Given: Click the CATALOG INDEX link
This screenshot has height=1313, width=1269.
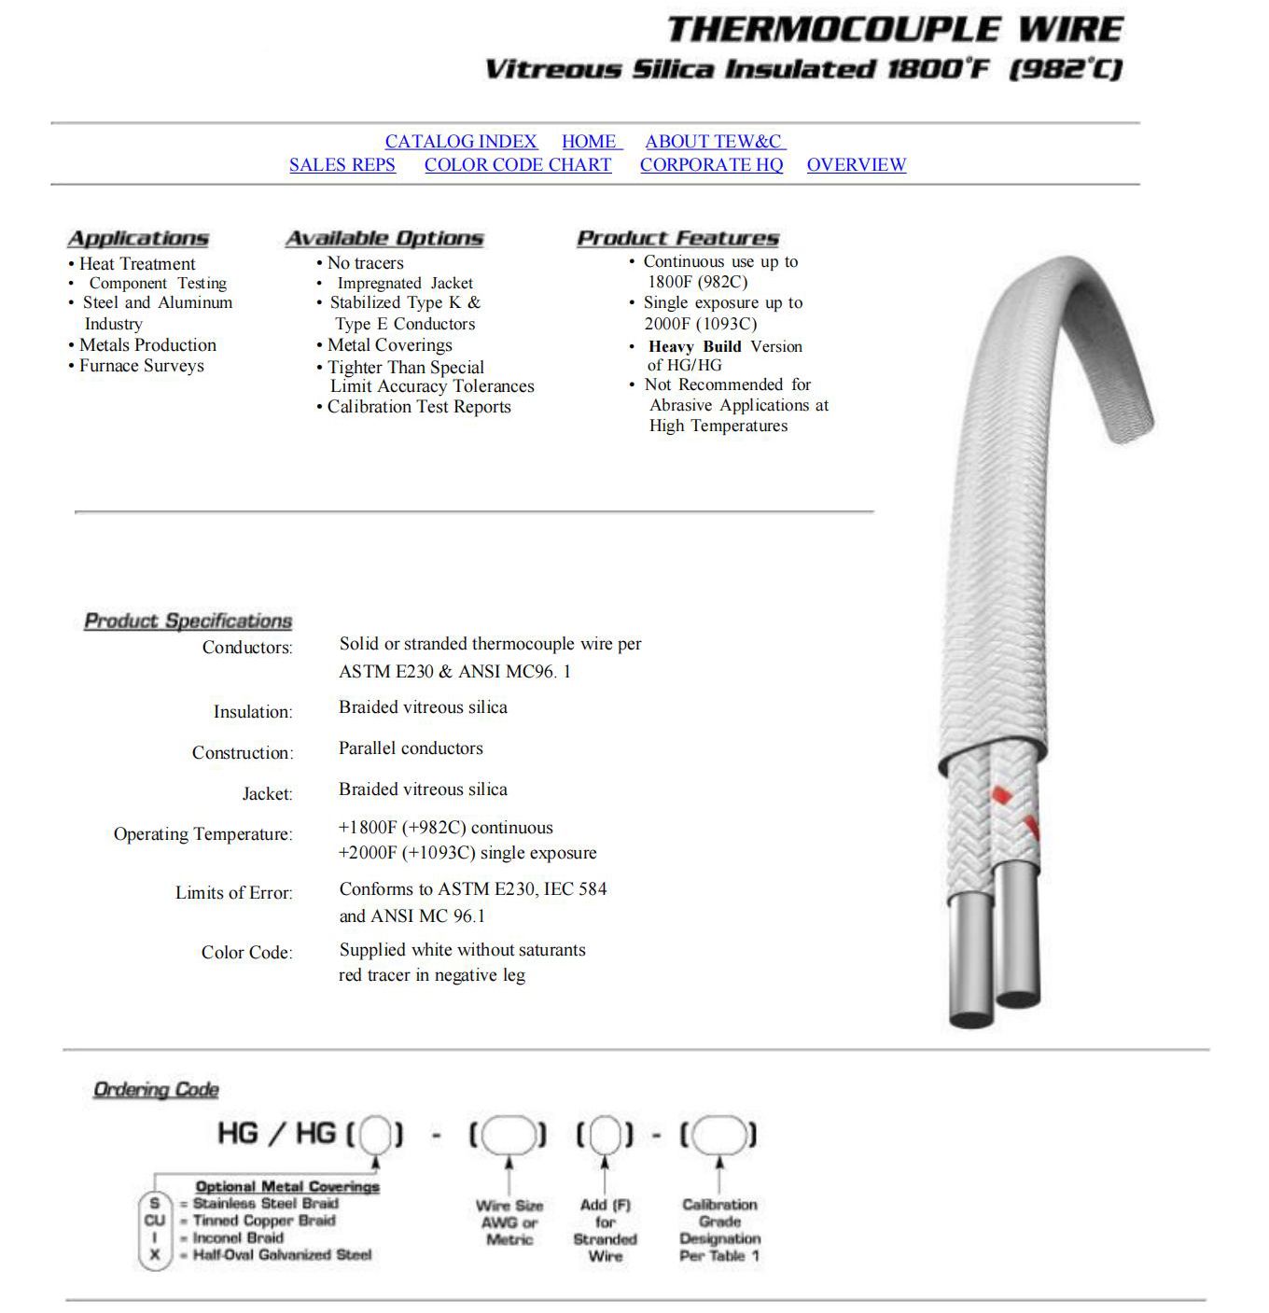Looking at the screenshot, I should pyautogui.click(x=461, y=142).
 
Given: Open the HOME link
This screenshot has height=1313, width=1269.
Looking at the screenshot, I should pyautogui.click(x=590, y=142).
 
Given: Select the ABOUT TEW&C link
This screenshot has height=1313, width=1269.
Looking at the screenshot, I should pyautogui.click(x=714, y=142).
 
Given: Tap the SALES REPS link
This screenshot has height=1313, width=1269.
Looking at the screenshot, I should pyautogui.click(x=342, y=165).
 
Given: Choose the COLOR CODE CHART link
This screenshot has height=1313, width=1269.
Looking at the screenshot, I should pyautogui.click(x=518, y=165).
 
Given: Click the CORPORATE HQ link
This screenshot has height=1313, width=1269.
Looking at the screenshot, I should pyautogui.click(x=711, y=165).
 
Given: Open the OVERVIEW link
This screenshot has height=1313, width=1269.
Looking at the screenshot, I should pyautogui.click(x=856, y=165).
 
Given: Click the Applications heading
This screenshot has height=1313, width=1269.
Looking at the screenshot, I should pyautogui.click(x=138, y=239).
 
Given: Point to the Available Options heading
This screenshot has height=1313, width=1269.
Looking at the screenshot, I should pyautogui.click(x=384, y=239).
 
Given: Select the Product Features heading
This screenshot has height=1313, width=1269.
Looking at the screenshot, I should pyautogui.click(x=677, y=239).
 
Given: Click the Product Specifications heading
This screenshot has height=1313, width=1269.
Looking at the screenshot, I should pyautogui.click(x=188, y=622).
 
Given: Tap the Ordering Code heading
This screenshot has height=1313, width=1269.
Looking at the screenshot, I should pyautogui.click(x=156, y=1090).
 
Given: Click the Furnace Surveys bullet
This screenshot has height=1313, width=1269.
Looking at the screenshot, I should pyautogui.click(x=141, y=366).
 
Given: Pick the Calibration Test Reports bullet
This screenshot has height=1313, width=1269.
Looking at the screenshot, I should pyautogui.click(x=419, y=407).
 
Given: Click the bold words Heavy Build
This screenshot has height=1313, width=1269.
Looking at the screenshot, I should pyautogui.click(x=695, y=347).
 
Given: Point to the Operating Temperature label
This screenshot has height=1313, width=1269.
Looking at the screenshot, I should pyautogui.click(x=202, y=834).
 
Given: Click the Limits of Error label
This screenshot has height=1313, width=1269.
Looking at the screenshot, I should pyautogui.click(x=233, y=893).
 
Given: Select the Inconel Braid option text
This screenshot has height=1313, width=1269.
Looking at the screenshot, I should pyautogui.click(x=238, y=1238).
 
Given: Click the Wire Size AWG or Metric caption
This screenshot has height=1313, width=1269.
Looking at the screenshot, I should pyautogui.click(x=509, y=1222).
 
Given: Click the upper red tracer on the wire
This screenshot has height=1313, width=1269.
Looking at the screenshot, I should pyautogui.click(x=1000, y=795).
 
